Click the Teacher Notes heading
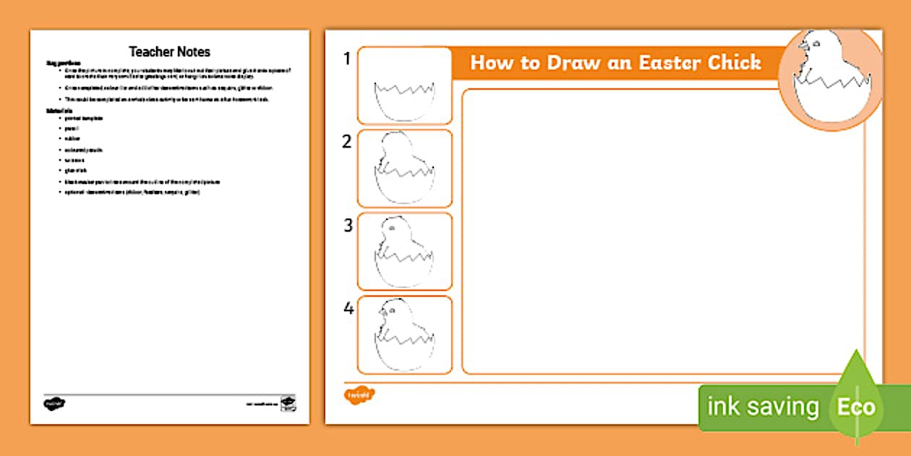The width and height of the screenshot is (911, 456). [x=169, y=51]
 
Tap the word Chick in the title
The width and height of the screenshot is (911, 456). [x=734, y=62]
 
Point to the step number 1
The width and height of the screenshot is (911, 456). [x=347, y=59]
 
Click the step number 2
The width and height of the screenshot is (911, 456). [x=347, y=142]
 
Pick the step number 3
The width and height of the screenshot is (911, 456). [x=348, y=225]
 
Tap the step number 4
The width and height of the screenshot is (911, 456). [x=348, y=309]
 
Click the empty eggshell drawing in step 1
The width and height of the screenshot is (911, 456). [x=404, y=100]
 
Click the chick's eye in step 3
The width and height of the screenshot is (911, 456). [x=391, y=228]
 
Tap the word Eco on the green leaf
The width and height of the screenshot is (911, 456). [x=856, y=407]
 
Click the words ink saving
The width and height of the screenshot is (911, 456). [x=763, y=407]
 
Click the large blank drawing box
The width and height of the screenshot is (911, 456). [x=662, y=232]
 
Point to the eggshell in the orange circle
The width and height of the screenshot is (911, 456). [x=831, y=101]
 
